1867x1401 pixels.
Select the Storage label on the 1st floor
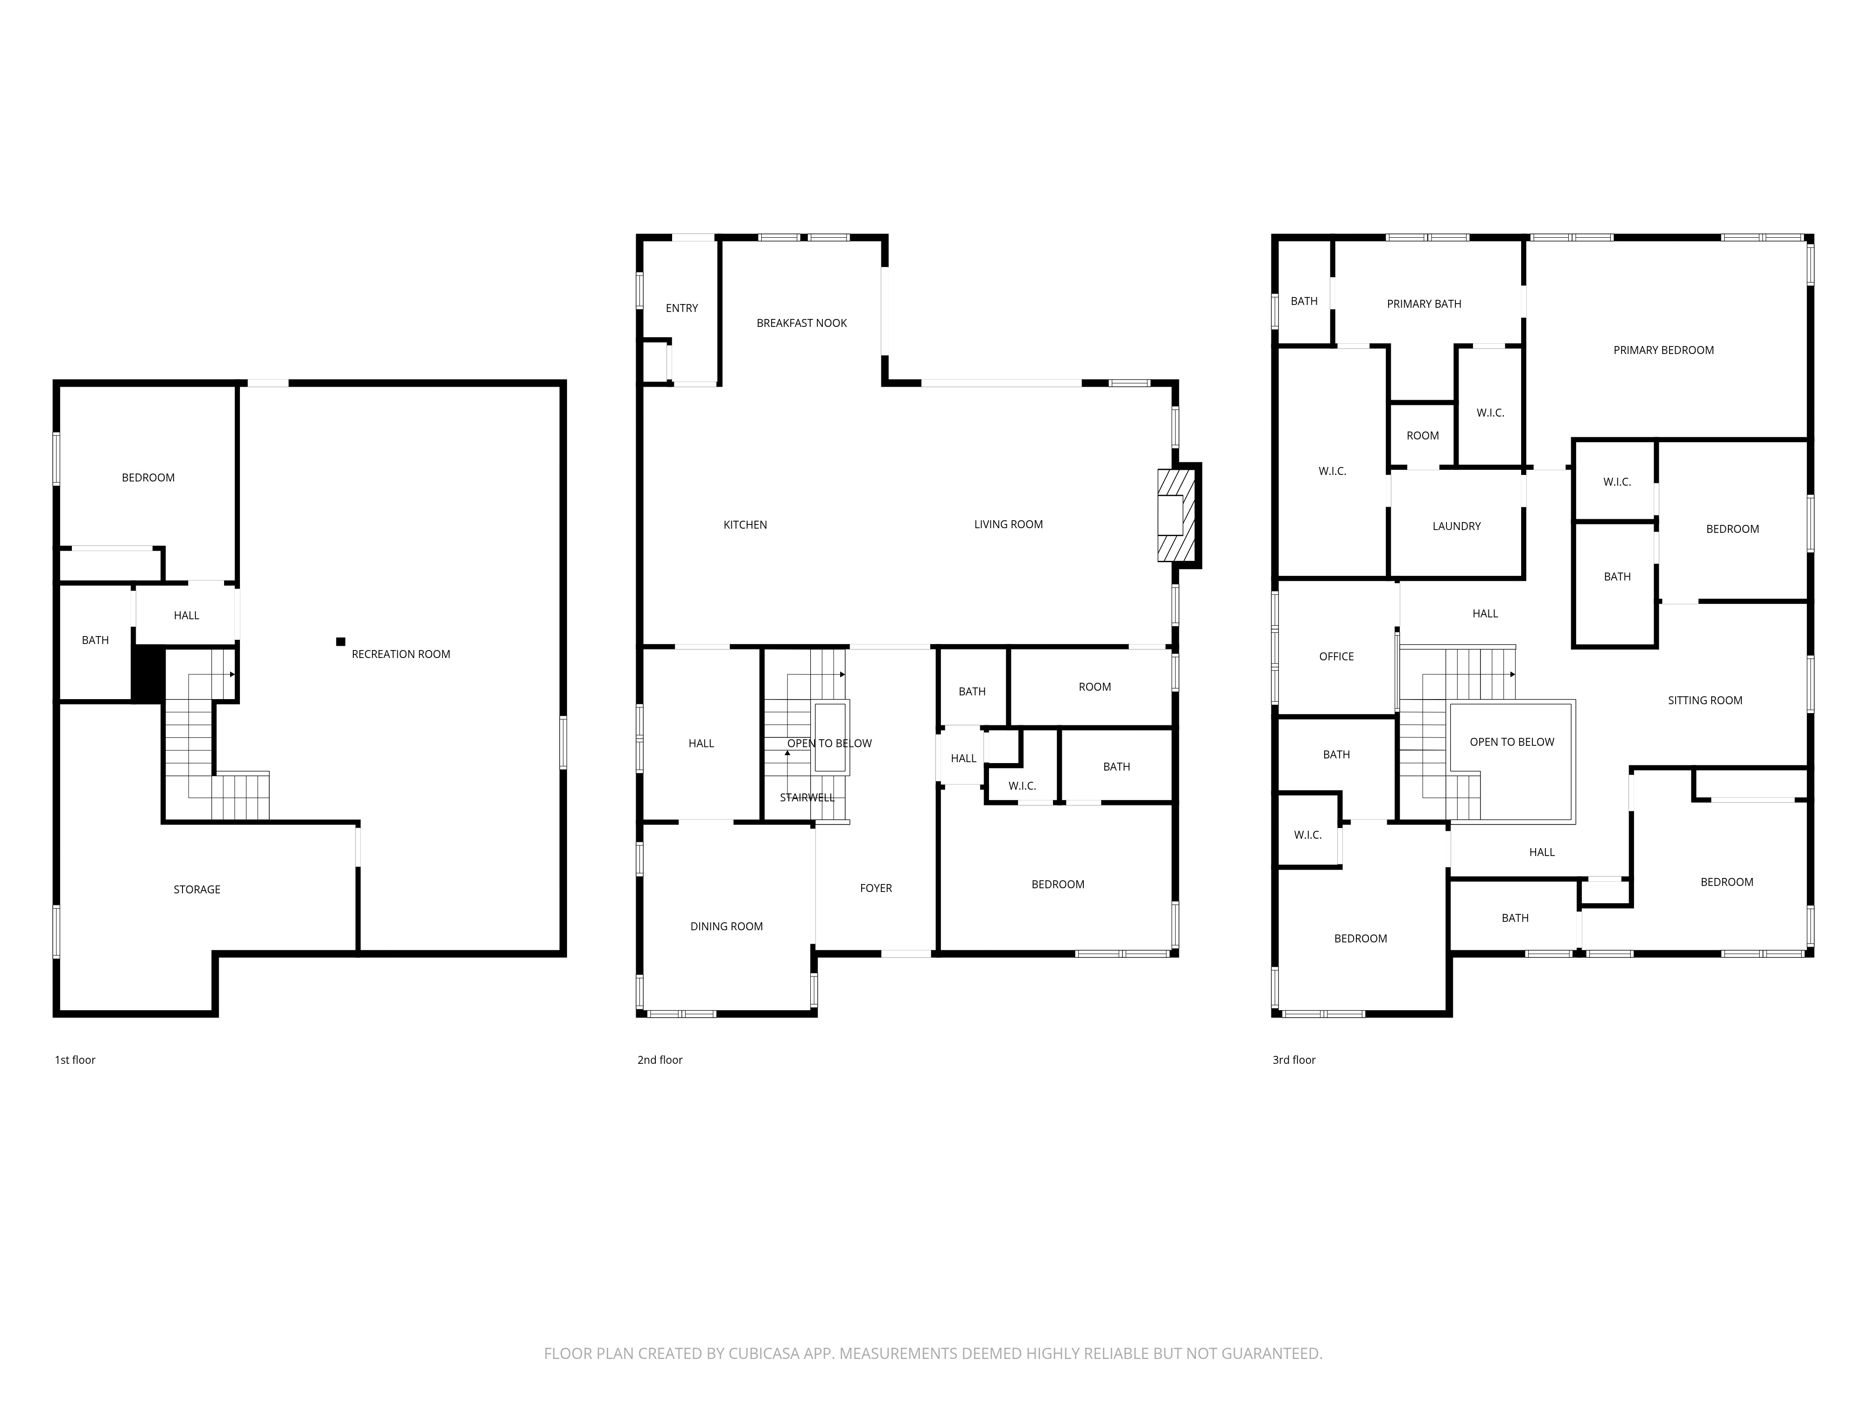point(197,889)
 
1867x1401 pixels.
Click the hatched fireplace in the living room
point(1177,516)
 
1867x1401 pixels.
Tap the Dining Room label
point(726,927)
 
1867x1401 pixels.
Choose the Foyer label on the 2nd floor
point(875,888)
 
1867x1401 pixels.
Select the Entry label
point(681,308)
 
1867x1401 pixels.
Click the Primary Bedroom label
point(1663,350)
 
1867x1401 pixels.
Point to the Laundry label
point(1456,526)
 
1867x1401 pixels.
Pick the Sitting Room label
point(1704,700)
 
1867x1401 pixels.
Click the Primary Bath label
point(1423,304)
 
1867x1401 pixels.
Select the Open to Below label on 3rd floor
point(1511,743)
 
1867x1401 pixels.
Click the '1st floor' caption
point(75,1060)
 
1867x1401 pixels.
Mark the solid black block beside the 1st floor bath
point(147,673)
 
